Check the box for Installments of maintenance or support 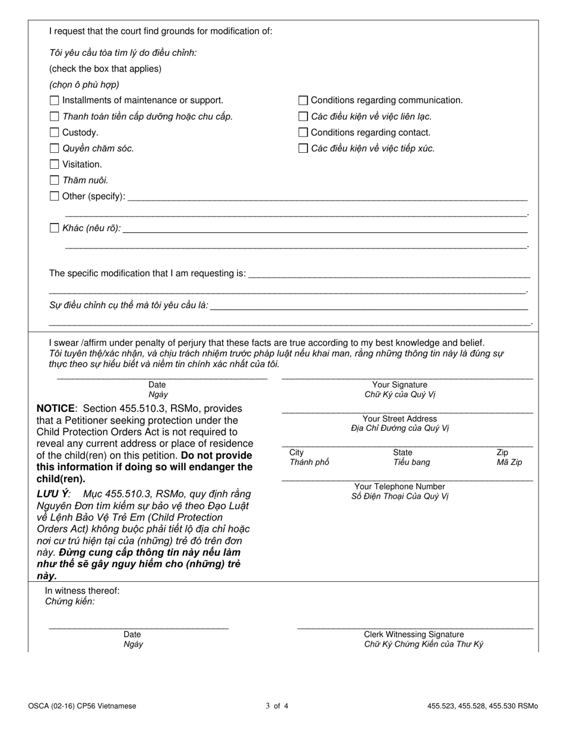(55, 100)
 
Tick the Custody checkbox (55, 133)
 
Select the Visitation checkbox (55, 165)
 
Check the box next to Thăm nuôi (55, 180)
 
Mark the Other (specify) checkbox (55, 196)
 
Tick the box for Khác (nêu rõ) (55, 228)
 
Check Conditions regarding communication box (303, 100)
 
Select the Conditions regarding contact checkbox (303, 133)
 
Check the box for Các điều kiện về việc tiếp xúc (303, 149)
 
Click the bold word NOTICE (56, 409)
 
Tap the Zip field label (502, 453)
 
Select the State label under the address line (403, 453)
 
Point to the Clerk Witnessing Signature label (414, 635)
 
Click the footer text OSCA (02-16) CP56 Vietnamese (82, 707)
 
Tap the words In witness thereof (83, 591)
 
